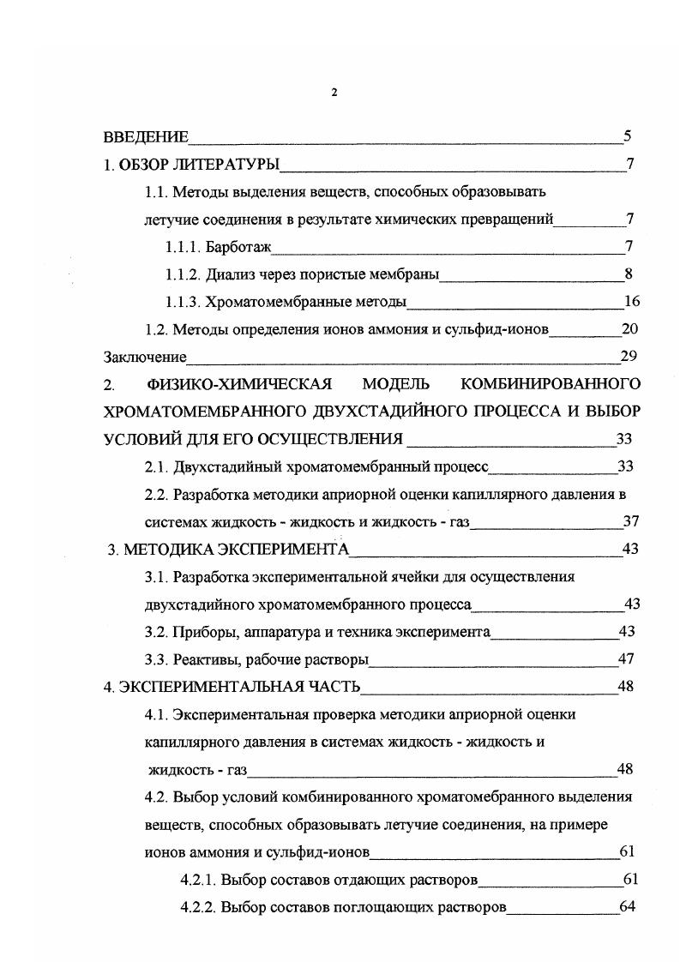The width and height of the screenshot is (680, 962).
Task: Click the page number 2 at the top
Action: click(334, 93)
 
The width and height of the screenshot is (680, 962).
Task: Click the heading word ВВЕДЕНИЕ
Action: click(146, 137)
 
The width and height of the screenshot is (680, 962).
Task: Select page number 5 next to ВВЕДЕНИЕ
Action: click(628, 136)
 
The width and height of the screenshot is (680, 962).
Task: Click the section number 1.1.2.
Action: click(184, 275)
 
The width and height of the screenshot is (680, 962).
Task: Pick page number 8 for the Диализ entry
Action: click(629, 275)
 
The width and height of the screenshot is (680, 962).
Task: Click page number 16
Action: click(632, 302)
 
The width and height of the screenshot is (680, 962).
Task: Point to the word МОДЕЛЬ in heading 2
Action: click(396, 384)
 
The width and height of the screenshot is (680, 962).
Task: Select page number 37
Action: click(631, 521)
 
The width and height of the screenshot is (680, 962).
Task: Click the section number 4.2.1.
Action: click(198, 880)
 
